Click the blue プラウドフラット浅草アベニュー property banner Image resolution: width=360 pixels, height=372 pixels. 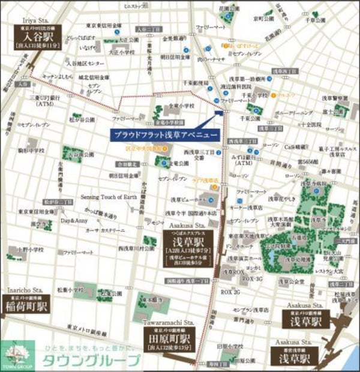click(x=164, y=134)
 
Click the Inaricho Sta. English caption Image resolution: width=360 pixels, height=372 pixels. click(x=23, y=291)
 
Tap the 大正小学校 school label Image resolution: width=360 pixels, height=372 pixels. click(x=122, y=52)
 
